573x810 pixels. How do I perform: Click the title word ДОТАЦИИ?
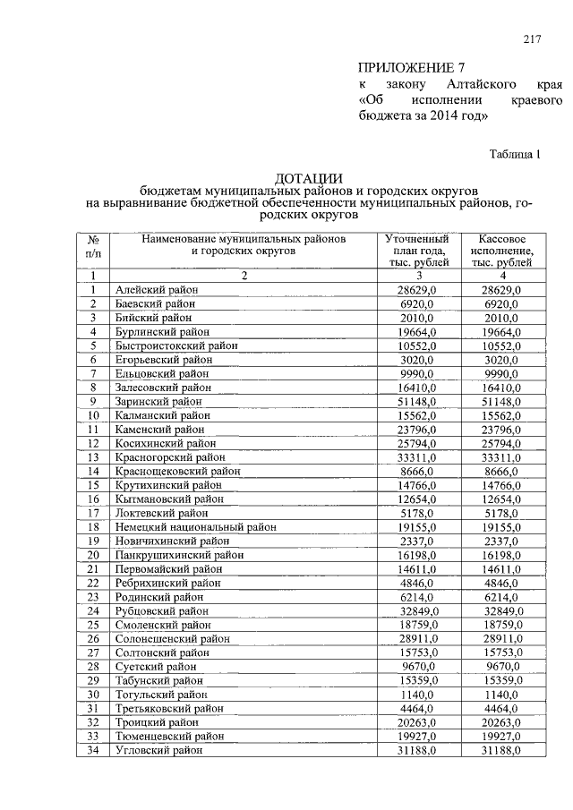point(309,178)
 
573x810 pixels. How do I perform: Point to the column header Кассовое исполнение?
point(494,252)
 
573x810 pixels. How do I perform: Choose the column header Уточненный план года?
point(415,252)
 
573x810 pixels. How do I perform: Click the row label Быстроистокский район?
point(175,345)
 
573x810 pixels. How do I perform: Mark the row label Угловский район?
point(158,750)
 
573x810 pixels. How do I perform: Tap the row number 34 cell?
point(92,750)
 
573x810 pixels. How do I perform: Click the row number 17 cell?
point(92,514)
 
